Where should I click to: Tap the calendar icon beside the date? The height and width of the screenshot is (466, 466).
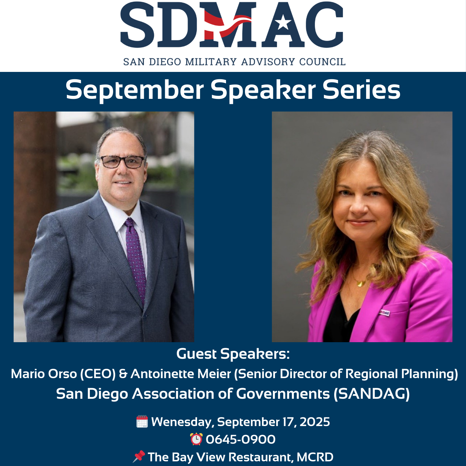tap(142, 421)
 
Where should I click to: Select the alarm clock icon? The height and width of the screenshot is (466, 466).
tap(196, 439)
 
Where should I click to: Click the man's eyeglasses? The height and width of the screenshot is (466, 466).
tap(122, 162)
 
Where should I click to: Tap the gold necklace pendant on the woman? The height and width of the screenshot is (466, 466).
tap(360, 283)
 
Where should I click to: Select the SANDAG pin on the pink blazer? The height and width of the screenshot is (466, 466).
tap(384, 313)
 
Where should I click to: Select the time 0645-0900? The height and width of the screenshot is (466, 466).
tap(241, 439)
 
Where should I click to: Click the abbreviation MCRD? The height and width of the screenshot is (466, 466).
tap(315, 457)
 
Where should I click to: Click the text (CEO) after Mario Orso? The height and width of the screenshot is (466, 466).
tap(98, 374)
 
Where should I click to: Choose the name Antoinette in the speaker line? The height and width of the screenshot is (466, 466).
tap(163, 373)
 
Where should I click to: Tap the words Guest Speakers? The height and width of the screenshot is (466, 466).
tap(233, 354)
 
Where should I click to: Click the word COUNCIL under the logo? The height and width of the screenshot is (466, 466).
tap(322, 62)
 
